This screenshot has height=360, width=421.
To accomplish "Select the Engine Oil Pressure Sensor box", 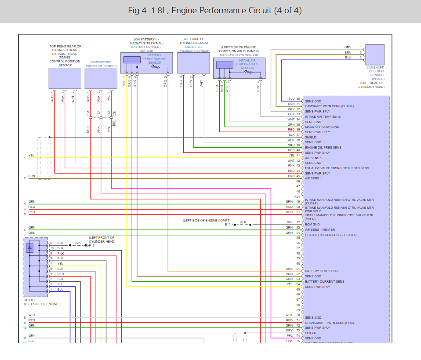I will (x=193, y=63).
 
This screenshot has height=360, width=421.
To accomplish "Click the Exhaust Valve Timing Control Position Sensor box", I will (x=65, y=78).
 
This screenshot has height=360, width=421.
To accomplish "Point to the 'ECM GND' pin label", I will (x=312, y=224).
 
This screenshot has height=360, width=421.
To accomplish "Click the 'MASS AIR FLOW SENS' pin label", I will (x=322, y=127).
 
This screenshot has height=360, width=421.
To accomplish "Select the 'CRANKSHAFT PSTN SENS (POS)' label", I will (x=329, y=323).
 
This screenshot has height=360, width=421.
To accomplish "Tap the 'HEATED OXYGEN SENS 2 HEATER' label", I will (x=330, y=235).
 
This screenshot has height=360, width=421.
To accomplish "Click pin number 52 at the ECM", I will (x=298, y=222).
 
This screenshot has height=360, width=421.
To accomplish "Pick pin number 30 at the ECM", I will (x=298, y=99).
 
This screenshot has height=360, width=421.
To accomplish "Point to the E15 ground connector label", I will (x=228, y=224).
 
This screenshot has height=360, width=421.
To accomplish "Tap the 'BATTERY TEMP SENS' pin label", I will (x=321, y=271).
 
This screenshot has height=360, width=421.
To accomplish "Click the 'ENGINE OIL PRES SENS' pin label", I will (x=323, y=148).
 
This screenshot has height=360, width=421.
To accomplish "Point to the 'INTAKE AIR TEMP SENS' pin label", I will (x=323, y=117).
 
